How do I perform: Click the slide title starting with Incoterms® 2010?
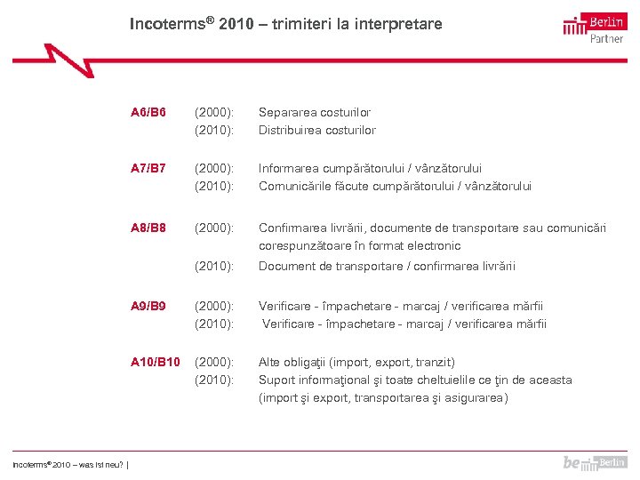pos(285,24)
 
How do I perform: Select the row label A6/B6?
pos(148,113)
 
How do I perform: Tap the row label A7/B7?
pos(148,168)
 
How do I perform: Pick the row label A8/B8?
pos(148,228)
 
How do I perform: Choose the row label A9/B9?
pos(148,307)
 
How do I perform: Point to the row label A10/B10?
pos(155,362)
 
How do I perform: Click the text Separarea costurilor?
pos(315,113)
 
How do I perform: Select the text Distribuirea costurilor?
pos(317,131)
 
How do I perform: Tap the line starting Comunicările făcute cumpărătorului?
pos(395,186)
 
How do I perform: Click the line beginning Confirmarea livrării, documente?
pos(432,228)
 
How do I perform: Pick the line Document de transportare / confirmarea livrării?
pos(387,267)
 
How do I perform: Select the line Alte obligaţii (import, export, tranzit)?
pos(356,362)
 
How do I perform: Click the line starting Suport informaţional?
pos(415,380)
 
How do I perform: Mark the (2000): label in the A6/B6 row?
pos(214,113)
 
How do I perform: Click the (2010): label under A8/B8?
pos(214,267)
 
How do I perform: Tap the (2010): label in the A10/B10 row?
pos(214,380)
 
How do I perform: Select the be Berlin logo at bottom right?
pos(594,462)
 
